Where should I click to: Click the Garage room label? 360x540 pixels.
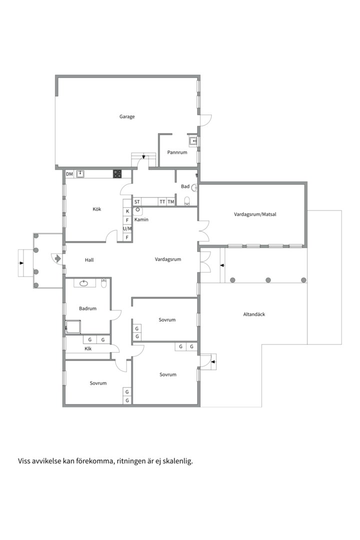127,116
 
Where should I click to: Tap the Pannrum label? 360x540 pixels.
177,152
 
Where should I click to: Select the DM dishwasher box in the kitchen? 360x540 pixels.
69,174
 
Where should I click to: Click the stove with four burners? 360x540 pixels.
117,174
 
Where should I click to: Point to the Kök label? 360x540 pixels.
97,209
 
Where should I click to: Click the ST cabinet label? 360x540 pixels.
137,202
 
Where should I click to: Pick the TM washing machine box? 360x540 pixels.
171,202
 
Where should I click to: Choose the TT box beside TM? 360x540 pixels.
162,202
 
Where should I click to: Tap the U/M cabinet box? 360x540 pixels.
127,228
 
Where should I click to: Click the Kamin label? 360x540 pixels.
141,219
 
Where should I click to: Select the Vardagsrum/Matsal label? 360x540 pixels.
255,214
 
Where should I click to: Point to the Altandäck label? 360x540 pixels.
254,314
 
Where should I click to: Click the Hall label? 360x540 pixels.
89,260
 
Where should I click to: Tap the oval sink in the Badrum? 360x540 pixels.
83,283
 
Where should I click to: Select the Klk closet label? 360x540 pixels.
88,348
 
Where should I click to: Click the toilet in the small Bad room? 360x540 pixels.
187,201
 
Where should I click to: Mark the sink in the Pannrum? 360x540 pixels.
193,141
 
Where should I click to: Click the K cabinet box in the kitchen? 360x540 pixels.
127,211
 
